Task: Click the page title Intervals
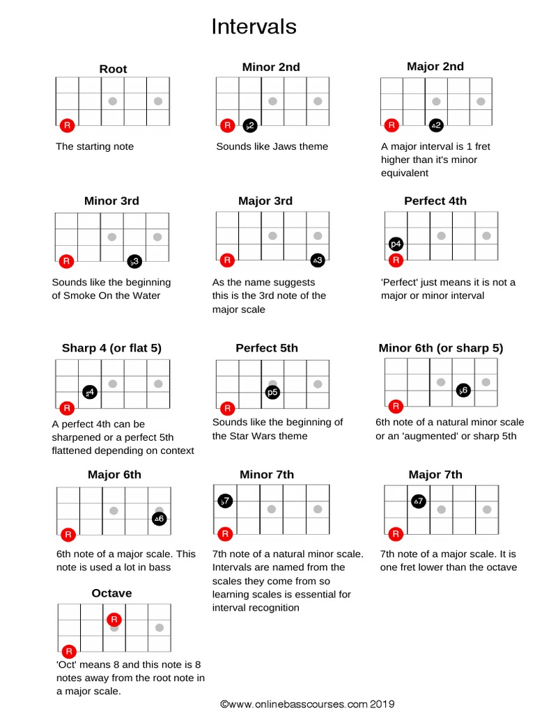click(x=254, y=26)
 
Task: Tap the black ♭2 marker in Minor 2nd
click(x=249, y=126)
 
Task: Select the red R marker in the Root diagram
click(x=67, y=126)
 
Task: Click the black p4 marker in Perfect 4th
click(x=396, y=244)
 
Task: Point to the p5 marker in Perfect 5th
click(x=272, y=393)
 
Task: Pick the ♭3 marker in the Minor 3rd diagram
click(x=134, y=262)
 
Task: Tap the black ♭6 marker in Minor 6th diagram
click(x=463, y=391)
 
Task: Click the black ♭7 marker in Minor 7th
click(x=225, y=501)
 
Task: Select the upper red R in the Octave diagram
click(x=115, y=619)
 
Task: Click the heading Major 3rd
click(x=265, y=201)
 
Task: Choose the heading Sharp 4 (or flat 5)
click(x=111, y=348)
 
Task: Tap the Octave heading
click(x=111, y=593)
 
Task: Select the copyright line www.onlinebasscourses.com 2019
click(x=307, y=704)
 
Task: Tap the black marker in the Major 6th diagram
click(x=159, y=519)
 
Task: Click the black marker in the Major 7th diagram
click(x=418, y=501)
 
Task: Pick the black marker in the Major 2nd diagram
click(x=435, y=125)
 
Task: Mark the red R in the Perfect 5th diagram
click(x=226, y=408)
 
